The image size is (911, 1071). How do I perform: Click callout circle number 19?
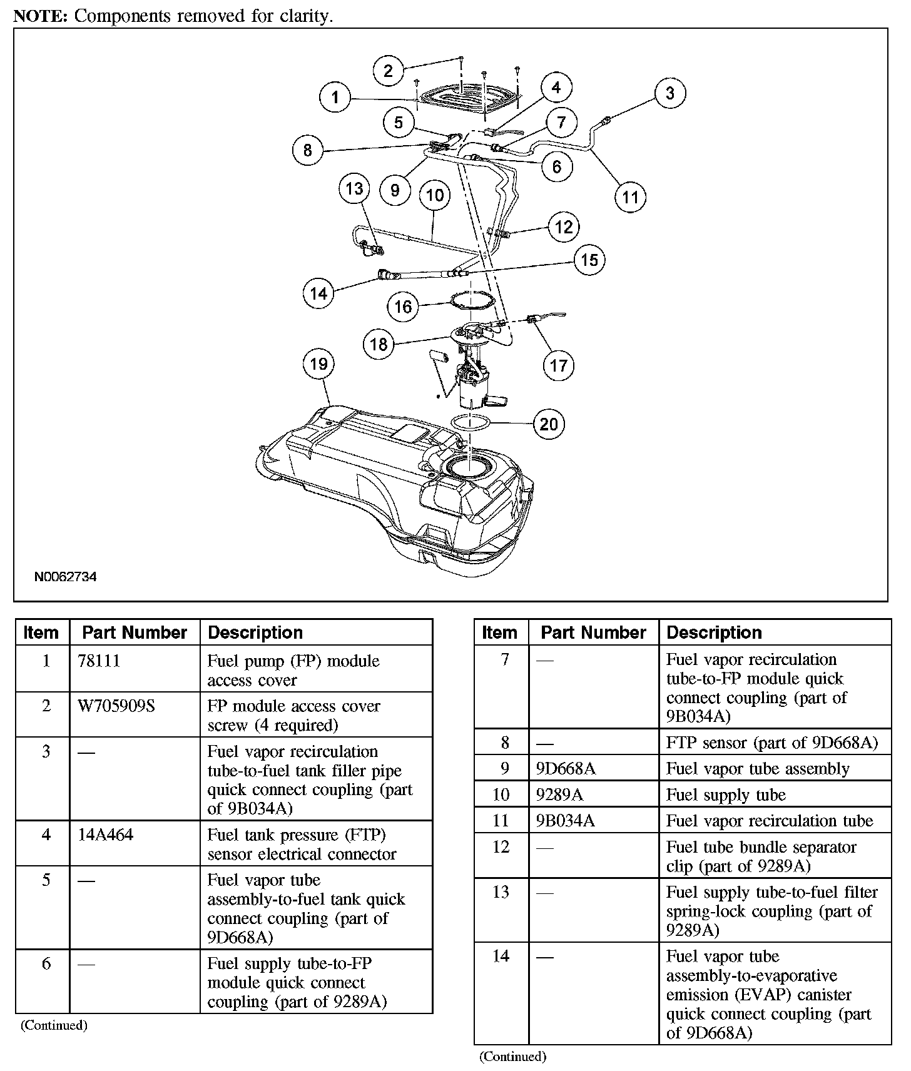(x=318, y=364)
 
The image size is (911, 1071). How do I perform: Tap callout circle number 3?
(x=670, y=93)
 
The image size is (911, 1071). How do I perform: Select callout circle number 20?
(x=549, y=424)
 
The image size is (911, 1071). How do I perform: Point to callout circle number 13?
(x=355, y=189)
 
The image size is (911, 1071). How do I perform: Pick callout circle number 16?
(x=404, y=307)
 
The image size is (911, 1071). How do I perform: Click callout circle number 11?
(x=630, y=197)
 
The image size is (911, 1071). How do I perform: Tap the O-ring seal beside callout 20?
(x=471, y=422)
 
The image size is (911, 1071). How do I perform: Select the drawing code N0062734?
(x=65, y=577)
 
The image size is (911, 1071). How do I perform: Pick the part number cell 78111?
(x=95, y=661)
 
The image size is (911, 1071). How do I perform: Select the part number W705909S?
(x=116, y=706)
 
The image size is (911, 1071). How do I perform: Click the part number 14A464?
(x=106, y=835)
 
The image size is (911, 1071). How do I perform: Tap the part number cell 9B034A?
(x=565, y=821)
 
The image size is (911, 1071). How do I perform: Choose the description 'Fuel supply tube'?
(x=726, y=795)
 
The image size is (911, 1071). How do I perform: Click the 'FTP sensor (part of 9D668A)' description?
(x=772, y=743)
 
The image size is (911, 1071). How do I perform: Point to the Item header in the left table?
(x=41, y=632)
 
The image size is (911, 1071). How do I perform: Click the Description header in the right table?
(x=714, y=632)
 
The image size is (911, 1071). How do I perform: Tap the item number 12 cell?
(x=501, y=847)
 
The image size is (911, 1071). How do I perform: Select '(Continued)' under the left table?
(x=54, y=1025)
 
